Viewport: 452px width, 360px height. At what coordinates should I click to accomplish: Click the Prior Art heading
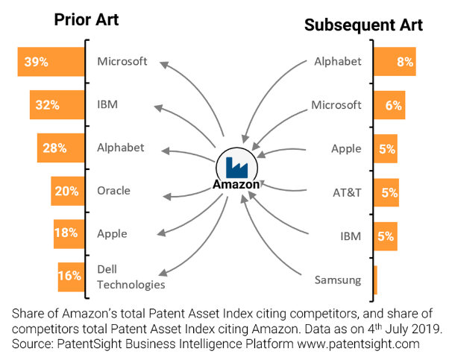(87, 19)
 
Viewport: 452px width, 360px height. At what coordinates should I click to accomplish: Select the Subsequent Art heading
(363, 25)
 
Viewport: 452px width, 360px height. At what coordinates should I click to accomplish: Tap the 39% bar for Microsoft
(51, 62)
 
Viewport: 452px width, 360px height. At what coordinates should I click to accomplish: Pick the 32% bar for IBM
(57, 105)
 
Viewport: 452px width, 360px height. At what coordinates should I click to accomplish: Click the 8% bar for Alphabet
(395, 62)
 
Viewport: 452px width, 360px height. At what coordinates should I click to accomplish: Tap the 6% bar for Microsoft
(389, 105)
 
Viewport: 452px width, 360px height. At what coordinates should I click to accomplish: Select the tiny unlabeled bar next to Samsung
(375, 280)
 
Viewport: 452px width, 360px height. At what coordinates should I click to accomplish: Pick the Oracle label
(113, 191)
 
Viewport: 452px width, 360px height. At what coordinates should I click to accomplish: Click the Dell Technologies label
(131, 277)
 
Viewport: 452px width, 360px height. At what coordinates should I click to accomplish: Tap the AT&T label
(348, 192)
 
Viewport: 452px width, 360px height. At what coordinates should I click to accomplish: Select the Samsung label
(337, 280)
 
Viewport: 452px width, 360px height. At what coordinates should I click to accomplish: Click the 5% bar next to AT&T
(386, 192)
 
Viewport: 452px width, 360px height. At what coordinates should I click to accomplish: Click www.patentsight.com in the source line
(360, 344)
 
